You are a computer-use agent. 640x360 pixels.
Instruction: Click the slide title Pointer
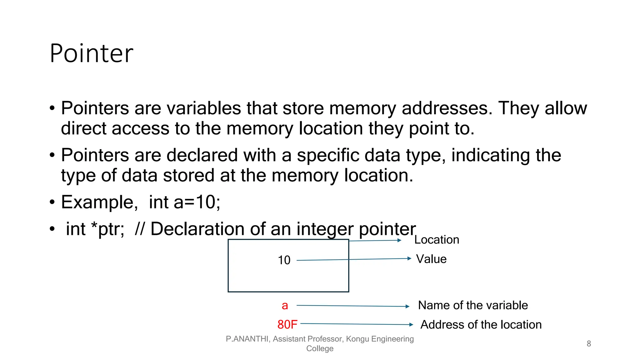tap(91, 53)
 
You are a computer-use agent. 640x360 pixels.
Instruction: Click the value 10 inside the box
tap(284, 260)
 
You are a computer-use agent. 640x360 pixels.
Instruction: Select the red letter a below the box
tap(285, 306)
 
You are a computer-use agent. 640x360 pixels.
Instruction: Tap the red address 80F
tap(287, 324)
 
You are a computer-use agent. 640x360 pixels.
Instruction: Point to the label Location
tap(437, 240)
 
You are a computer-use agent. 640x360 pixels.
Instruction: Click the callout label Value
tap(431, 259)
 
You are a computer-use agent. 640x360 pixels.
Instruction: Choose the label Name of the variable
tap(473, 305)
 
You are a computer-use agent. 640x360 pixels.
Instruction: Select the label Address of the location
tap(481, 325)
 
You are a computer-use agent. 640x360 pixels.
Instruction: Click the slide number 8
tap(589, 344)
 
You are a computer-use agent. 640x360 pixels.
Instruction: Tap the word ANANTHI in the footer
tap(251, 339)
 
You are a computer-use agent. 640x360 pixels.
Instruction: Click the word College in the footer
tap(320, 348)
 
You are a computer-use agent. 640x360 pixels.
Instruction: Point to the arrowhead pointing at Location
tap(399, 240)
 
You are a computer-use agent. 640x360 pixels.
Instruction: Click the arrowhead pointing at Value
tap(409, 258)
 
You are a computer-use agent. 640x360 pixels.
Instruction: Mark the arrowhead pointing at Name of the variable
tap(407, 307)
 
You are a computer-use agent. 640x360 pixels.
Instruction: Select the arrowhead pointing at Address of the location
tap(411, 325)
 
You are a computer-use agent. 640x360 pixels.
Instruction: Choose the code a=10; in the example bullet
tap(197, 202)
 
